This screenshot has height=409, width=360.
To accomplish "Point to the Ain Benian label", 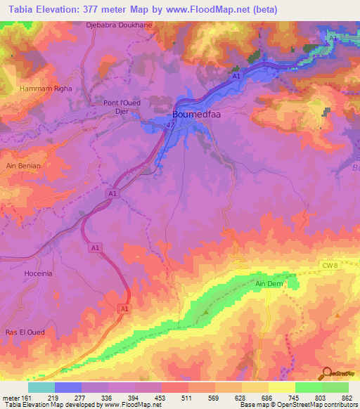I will (x=23, y=166).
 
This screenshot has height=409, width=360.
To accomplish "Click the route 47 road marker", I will (x=170, y=124).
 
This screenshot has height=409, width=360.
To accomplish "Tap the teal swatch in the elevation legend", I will (x=41, y=387).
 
